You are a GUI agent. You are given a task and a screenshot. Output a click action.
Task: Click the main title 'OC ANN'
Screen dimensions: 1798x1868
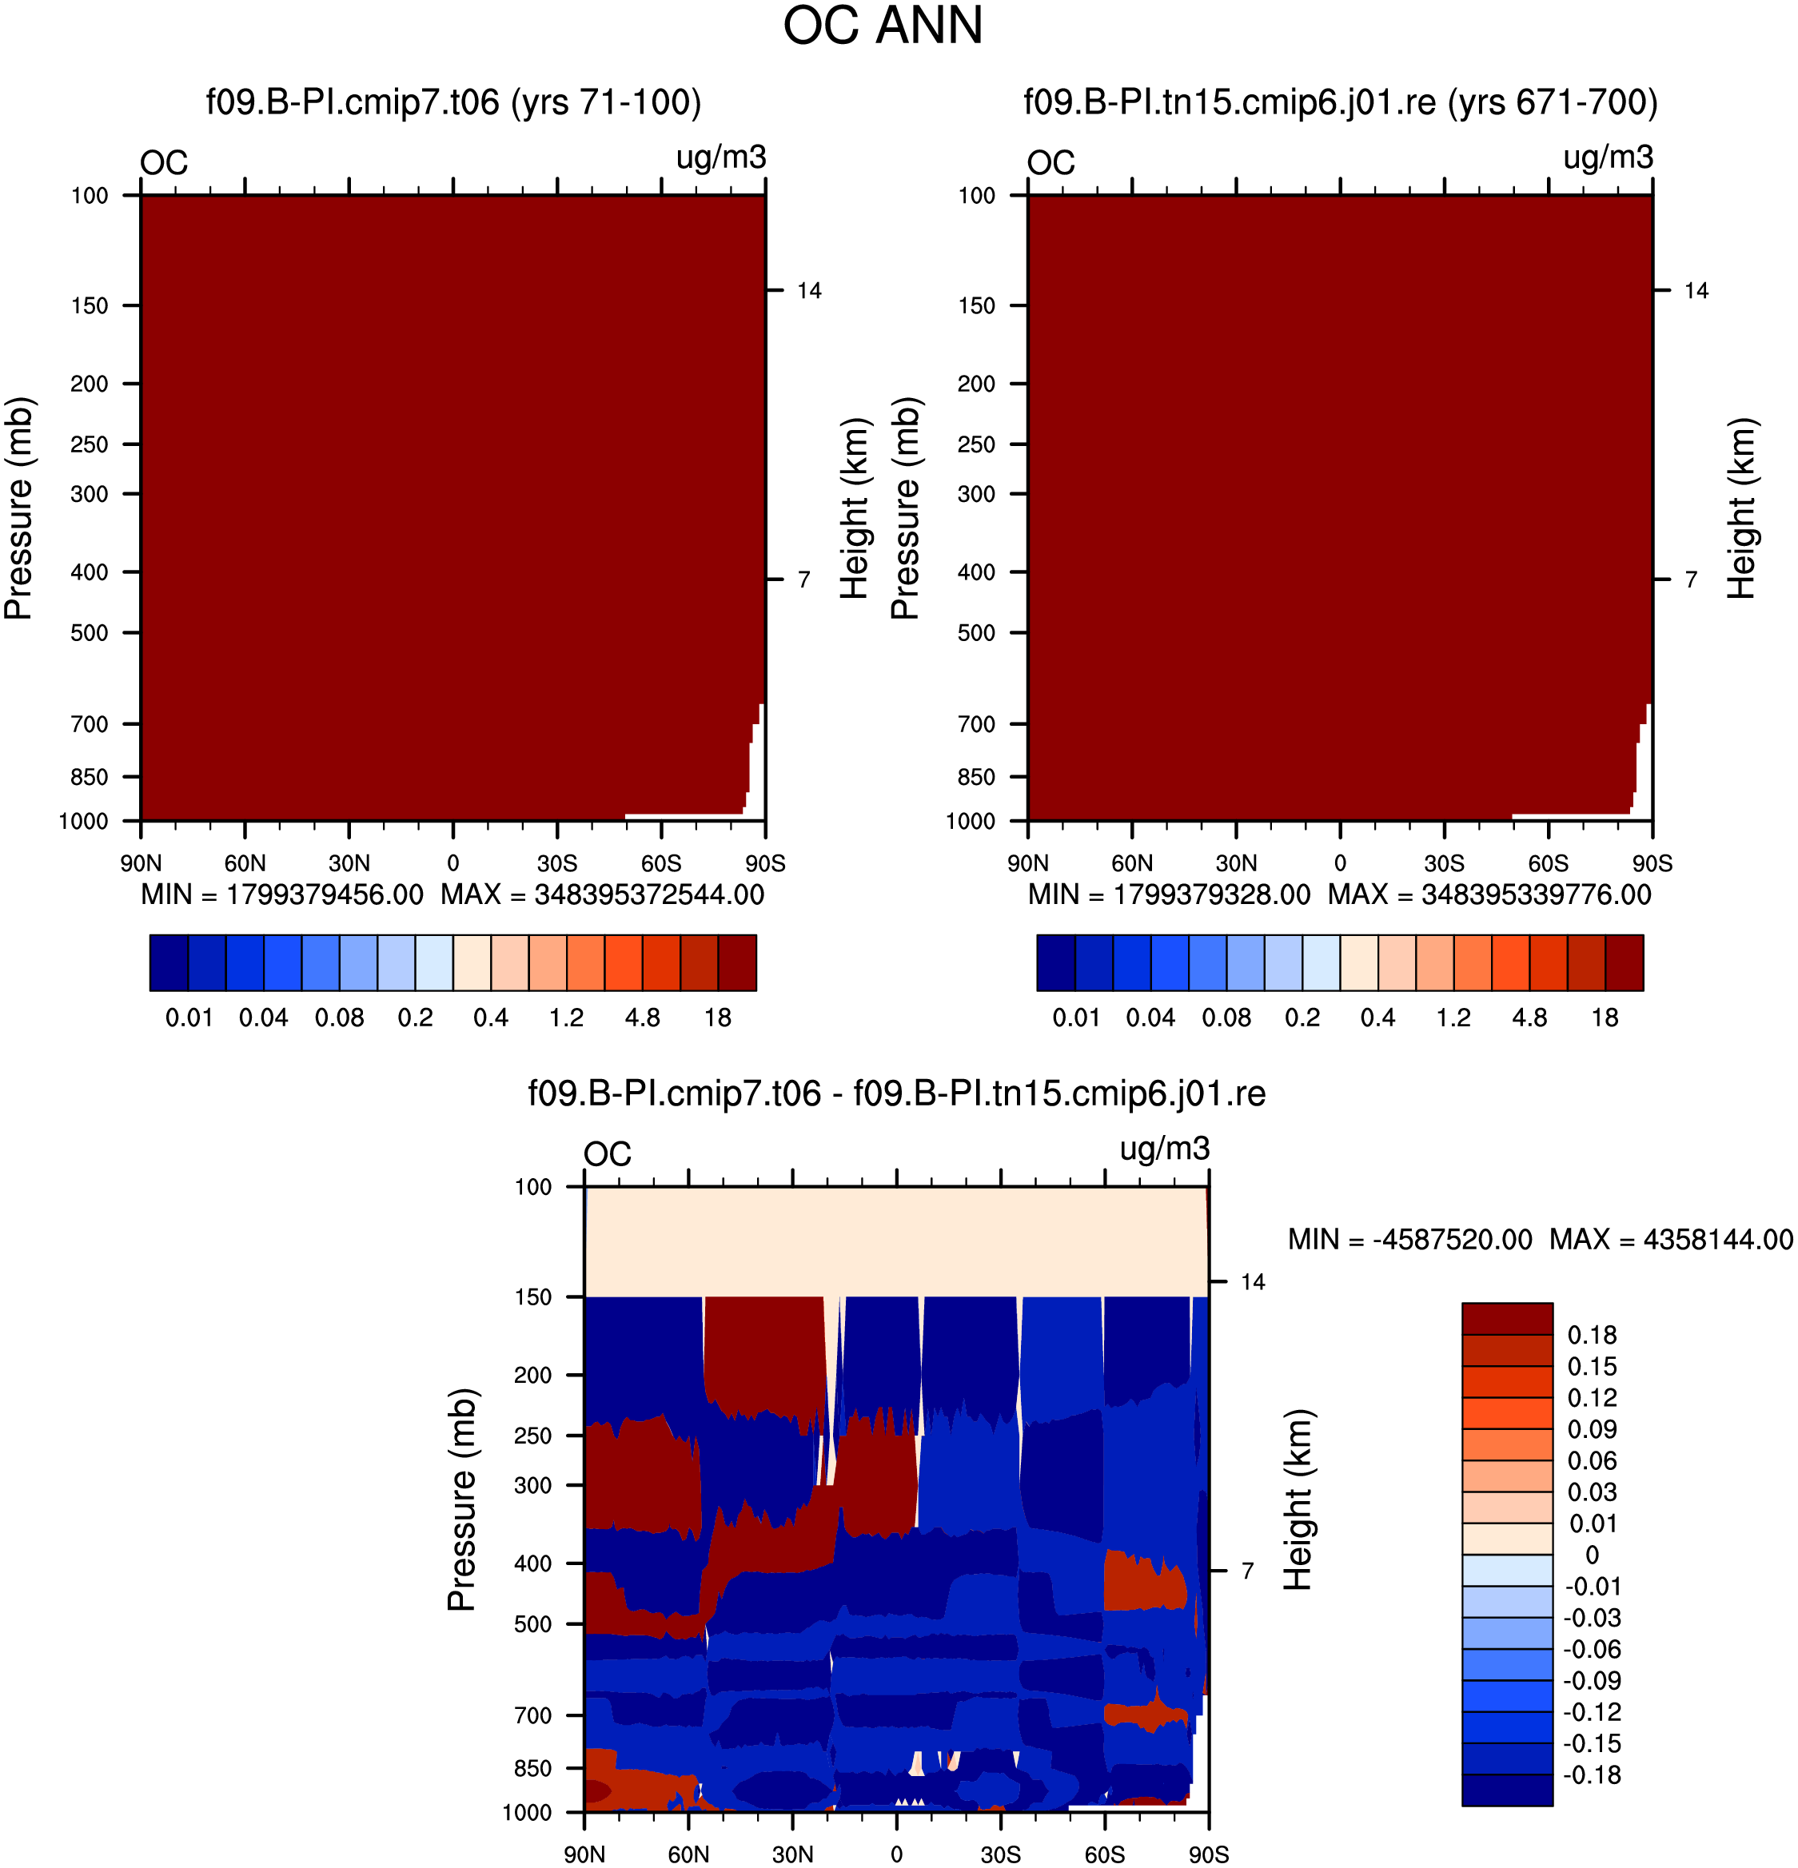[883, 26]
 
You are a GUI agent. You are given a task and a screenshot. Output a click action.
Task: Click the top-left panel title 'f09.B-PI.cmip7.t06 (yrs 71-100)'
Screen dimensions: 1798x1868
[454, 102]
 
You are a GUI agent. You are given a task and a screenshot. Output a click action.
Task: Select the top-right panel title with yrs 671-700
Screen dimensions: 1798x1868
[1341, 102]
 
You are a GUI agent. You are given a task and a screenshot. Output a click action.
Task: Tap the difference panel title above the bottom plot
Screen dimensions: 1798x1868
[897, 1093]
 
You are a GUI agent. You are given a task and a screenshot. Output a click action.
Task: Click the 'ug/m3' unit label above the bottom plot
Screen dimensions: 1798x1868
[1165, 1149]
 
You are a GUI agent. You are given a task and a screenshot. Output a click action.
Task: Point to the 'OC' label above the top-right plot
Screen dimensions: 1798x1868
[1050, 163]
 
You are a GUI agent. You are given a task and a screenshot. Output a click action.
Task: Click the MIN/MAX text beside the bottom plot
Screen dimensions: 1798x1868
[1541, 1239]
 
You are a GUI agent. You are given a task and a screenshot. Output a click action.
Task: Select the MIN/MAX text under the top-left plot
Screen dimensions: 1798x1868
[452, 895]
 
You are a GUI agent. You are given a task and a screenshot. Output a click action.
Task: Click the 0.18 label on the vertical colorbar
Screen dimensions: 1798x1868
[1592, 1335]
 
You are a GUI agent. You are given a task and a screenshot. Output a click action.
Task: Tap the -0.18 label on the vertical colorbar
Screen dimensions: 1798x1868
[1592, 1775]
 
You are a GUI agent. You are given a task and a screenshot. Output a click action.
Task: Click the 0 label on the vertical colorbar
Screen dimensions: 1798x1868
[1592, 1555]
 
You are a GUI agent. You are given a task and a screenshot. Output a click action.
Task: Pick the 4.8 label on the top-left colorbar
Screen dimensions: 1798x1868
[643, 1018]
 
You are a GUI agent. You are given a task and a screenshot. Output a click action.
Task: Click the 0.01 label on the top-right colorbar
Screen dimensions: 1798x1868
[1076, 1018]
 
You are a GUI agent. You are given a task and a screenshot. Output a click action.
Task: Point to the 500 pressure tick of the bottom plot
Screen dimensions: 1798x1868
[533, 1624]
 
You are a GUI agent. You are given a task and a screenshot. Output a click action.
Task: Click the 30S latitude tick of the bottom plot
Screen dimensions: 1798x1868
[1001, 1854]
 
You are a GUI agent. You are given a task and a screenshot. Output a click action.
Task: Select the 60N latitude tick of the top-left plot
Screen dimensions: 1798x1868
[245, 863]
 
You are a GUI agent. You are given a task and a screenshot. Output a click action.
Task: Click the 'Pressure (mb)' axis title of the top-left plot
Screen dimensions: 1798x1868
[19, 509]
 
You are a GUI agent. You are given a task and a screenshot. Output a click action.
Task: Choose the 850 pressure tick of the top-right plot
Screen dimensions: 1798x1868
[976, 778]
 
